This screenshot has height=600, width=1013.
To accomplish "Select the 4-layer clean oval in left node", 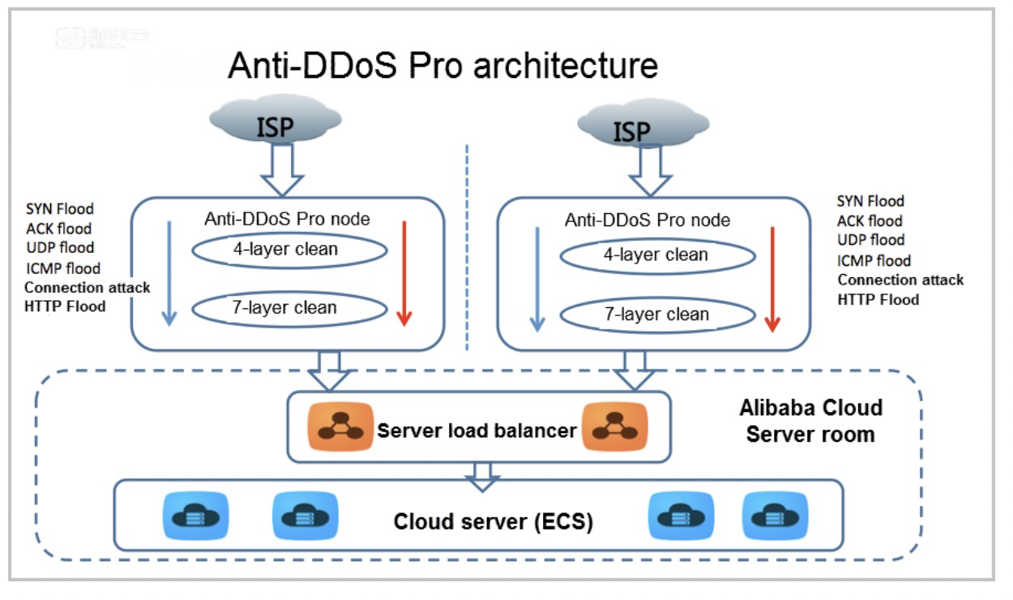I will coord(289,250).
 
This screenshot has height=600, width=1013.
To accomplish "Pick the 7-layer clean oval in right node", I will coord(657,314).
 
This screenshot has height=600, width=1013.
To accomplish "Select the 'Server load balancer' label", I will coord(477,430).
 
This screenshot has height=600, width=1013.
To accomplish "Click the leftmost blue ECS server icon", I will coord(195,515).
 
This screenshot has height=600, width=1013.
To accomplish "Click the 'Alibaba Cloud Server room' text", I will coord(810,420).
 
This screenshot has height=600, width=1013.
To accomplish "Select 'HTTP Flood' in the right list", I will coord(878,299).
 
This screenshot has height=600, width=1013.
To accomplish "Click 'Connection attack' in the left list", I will coord(88,287).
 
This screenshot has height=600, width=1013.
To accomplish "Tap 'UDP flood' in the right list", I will coord(870,240).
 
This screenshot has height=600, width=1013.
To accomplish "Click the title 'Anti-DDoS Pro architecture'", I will coord(442,65).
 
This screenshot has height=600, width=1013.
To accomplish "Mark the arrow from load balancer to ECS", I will coord(483,477).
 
